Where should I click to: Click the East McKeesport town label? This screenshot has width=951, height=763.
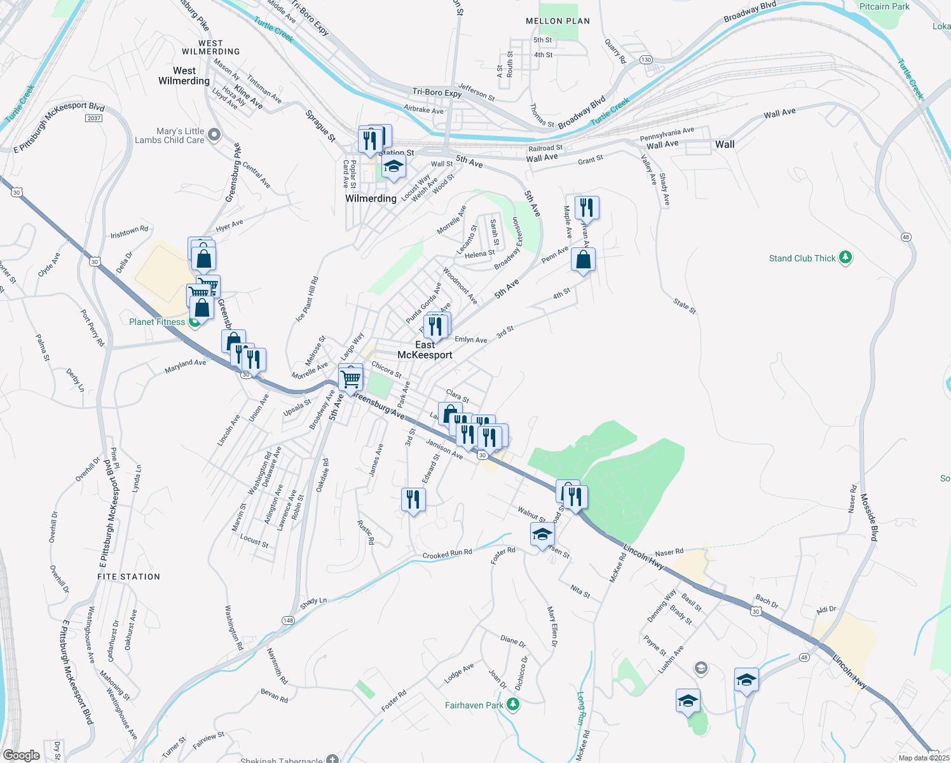(425, 350)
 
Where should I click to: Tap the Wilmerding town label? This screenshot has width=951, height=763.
(371, 198)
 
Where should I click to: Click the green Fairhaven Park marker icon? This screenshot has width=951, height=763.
(514, 705)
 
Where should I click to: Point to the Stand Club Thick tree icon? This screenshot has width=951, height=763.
(845, 258)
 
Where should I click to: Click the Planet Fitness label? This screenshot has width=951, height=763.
(157, 322)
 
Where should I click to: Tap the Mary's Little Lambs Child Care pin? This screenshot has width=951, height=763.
(214, 135)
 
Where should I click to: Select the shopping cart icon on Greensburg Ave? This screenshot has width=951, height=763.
(351, 379)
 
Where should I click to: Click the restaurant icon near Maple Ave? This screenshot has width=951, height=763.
(586, 207)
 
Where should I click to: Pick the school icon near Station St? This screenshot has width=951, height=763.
(393, 167)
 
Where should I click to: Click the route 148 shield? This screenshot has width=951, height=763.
(288, 621)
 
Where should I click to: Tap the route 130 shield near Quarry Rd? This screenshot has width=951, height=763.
(646, 60)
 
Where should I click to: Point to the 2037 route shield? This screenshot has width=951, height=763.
(93, 118)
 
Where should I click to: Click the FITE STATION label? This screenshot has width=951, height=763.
(128, 577)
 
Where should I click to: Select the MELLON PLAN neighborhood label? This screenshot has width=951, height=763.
(558, 21)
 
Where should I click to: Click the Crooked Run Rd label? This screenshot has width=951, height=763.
(447, 554)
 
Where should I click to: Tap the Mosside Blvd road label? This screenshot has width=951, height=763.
(870, 516)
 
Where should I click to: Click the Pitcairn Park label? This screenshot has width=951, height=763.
(884, 6)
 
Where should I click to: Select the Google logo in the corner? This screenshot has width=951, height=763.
(21, 755)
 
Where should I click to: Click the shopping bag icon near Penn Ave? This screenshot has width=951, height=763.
(583, 259)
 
